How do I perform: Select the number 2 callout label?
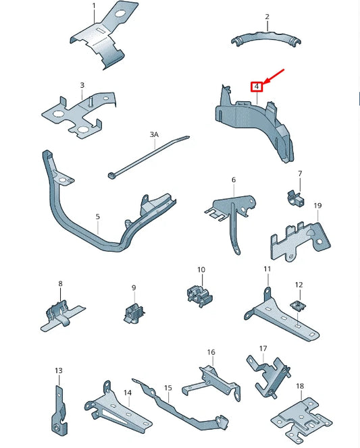267,16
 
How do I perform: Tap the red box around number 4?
257,86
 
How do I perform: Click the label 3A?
153,135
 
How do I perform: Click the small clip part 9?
134,312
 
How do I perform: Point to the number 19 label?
317,206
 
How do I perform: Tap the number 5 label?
97,217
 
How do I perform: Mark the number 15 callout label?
168,389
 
